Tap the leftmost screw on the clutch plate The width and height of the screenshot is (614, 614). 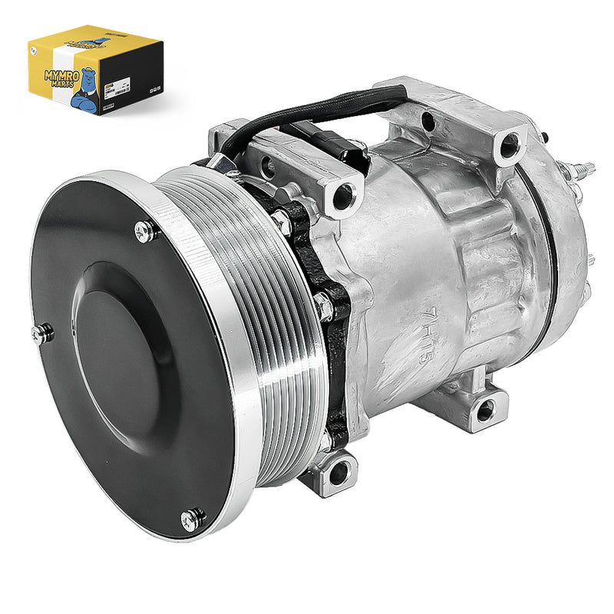pos(43,332)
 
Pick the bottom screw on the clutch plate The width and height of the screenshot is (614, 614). pos(192,520)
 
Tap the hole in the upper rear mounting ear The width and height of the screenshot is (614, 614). pos(509,144)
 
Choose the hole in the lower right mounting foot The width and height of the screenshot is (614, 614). pos(485,413)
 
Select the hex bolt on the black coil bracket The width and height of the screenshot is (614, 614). pos(322,307)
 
